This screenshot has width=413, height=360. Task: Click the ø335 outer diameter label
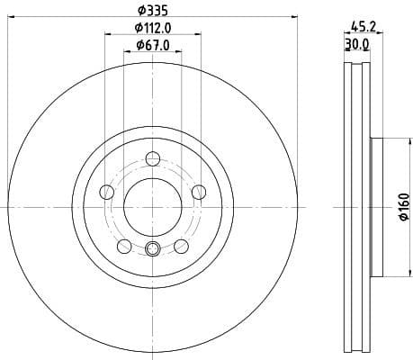click(x=152, y=10)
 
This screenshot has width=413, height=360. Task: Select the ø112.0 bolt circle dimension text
click(x=153, y=28)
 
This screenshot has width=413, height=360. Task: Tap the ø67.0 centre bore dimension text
click(x=153, y=44)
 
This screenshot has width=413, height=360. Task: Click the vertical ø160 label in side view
click(x=404, y=207)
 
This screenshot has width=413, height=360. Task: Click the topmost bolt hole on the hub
click(x=153, y=160)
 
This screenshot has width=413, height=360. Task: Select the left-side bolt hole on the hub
click(x=107, y=192)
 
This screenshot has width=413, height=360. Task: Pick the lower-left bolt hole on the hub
click(x=124, y=246)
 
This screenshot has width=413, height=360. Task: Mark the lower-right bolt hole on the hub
click(x=181, y=246)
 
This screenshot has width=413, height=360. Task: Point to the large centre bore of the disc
click(x=153, y=207)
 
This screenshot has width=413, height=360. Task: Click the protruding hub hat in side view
click(x=377, y=207)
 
